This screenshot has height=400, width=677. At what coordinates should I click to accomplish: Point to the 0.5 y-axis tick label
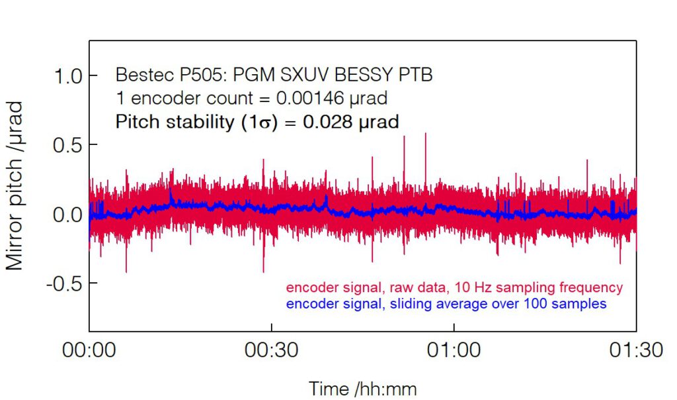(x=69, y=144)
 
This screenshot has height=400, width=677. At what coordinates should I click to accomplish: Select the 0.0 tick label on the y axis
(x=69, y=214)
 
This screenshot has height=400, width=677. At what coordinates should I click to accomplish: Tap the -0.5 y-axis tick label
(x=65, y=283)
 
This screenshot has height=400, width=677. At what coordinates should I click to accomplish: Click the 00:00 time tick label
(x=89, y=350)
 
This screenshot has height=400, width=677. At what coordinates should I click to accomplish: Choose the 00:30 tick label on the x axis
(x=271, y=350)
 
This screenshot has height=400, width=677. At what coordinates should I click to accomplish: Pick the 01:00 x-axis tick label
(x=454, y=350)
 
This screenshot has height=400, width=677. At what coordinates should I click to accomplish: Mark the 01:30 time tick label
(x=636, y=350)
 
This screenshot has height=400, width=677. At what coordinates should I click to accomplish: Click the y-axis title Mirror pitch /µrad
(x=15, y=186)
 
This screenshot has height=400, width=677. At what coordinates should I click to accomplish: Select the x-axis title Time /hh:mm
(x=362, y=389)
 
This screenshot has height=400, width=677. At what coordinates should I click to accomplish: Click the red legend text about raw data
(x=454, y=288)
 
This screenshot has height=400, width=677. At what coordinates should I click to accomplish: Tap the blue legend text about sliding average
(x=446, y=304)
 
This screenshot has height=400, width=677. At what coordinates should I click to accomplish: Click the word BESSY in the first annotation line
(x=350, y=75)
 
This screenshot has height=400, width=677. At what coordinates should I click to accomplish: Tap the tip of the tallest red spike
(x=425, y=133)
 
